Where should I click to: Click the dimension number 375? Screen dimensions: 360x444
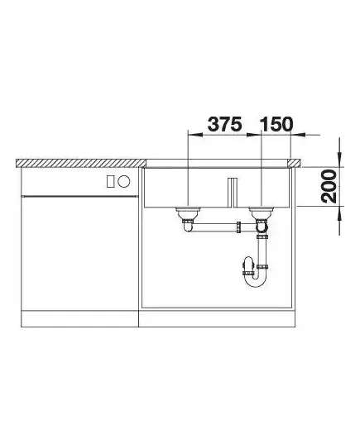(225, 124)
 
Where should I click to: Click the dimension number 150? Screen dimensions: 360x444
(276, 124)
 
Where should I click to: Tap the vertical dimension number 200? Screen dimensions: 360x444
(329, 186)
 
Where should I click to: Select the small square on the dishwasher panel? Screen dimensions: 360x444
(111, 181)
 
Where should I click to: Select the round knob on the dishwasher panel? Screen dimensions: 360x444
(124, 181)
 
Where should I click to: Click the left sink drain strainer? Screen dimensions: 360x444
(188, 212)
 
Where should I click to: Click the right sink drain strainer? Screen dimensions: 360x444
(261, 212)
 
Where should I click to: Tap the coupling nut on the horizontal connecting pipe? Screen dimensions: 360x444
(239, 227)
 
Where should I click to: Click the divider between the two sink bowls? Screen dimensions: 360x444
(233, 193)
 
